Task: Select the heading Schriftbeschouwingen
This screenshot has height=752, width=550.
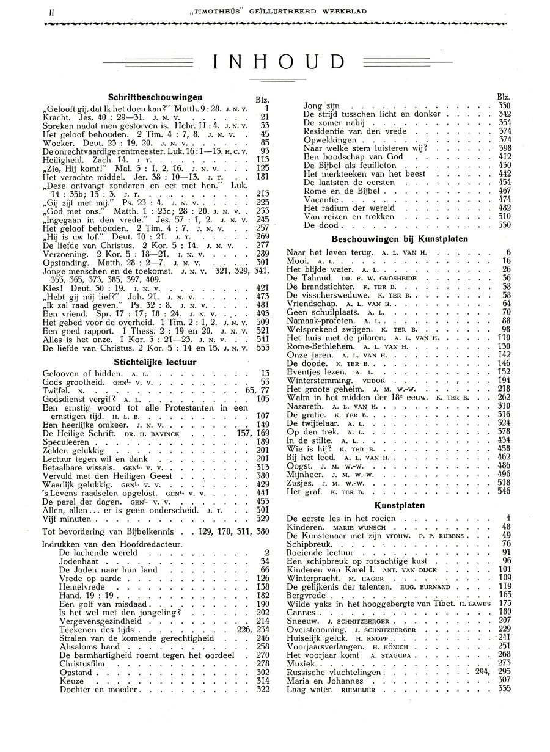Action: pos(155,97)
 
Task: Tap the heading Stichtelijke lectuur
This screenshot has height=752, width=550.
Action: pos(155,362)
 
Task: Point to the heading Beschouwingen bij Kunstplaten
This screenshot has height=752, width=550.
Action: pos(400,239)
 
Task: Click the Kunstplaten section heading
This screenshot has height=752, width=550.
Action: pos(400,506)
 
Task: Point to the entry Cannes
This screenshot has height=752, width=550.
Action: pos(301,612)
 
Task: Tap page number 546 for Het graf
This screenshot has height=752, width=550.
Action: pos(504,491)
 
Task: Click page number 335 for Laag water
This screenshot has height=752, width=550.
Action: pos(504,690)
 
